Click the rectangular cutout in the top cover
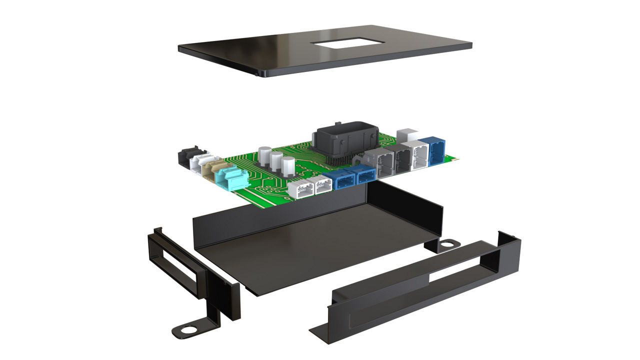click(x=347, y=43)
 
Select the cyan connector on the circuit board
click(x=230, y=178)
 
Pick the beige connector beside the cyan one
click(x=218, y=169)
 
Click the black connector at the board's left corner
click(x=187, y=156)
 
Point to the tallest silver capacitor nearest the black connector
click(x=265, y=155)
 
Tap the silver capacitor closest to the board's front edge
click(x=288, y=167)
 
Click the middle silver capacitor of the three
click(x=276, y=161)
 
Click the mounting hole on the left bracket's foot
click(x=188, y=330)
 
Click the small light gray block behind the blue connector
click(x=407, y=135)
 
